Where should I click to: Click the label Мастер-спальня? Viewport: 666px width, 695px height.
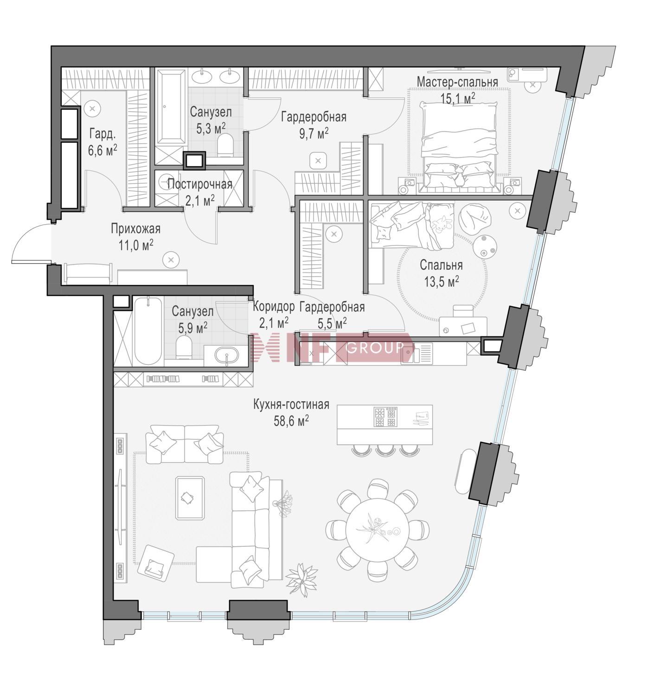point(457,82)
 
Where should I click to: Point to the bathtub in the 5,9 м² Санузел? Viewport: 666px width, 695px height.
point(148,331)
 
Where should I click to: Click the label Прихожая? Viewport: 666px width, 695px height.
point(135,229)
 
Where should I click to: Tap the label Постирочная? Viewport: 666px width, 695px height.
point(200,184)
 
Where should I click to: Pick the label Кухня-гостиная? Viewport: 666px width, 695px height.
point(291,405)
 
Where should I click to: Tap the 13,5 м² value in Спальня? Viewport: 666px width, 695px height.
point(441,281)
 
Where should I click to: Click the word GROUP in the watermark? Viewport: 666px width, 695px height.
point(375,347)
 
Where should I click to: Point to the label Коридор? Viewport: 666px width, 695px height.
point(274,306)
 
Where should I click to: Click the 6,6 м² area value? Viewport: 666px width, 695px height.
point(103,150)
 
